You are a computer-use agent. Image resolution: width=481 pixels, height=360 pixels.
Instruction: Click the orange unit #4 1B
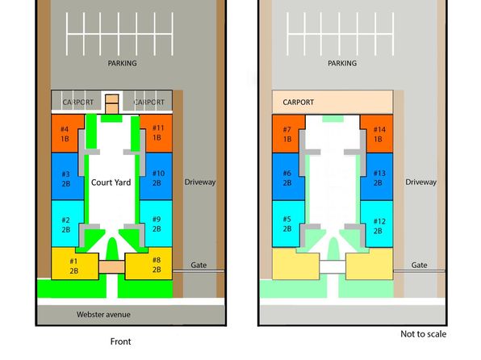click(x=65, y=134)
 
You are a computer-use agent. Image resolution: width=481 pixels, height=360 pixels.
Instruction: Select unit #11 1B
click(x=157, y=133)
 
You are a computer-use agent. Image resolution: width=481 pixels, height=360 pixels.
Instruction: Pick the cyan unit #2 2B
click(x=66, y=224)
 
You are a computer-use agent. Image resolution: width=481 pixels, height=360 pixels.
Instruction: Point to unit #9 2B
click(x=157, y=224)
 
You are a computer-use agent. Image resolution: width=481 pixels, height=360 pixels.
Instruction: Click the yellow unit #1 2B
click(x=74, y=266)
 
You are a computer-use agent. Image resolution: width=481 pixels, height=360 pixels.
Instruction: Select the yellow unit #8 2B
click(x=149, y=265)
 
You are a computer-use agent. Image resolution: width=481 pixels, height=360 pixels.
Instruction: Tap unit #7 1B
click(x=287, y=134)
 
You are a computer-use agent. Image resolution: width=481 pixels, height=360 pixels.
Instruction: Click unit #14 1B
click(x=378, y=134)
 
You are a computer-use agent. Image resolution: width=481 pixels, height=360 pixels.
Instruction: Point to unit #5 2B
click(x=287, y=224)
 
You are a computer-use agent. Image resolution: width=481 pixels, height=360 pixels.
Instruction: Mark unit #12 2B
click(x=378, y=225)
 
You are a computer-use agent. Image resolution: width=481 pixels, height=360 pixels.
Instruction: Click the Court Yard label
click(x=111, y=182)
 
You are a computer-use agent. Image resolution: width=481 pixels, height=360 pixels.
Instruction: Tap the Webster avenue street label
click(x=103, y=315)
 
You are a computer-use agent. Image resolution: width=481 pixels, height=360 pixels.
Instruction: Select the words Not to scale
click(x=424, y=334)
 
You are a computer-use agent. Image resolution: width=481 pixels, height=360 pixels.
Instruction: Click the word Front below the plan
click(x=120, y=341)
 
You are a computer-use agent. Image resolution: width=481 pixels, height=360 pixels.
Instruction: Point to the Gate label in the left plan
click(x=199, y=266)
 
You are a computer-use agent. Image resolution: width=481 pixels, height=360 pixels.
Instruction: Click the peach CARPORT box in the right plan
click(x=333, y=102)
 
